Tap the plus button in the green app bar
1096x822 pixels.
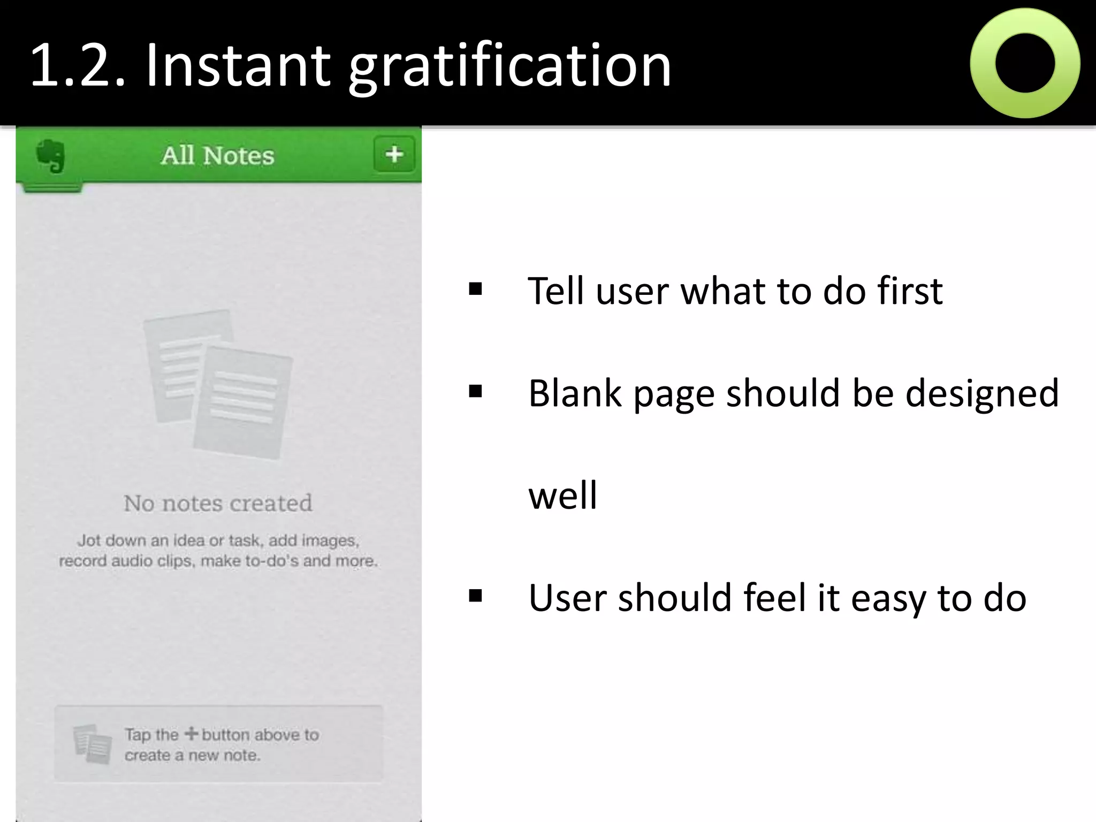[x=394, y=155]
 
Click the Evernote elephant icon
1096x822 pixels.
[x=51, y=156]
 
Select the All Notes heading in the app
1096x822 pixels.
[x=218, y=156]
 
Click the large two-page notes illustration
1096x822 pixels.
[x=218, y=384]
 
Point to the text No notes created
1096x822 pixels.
[x=218, y=503]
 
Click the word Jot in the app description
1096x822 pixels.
[x=89, y=541]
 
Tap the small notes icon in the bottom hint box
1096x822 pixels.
[x=93, y=743]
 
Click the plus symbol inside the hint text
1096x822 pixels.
[x=191, y=733]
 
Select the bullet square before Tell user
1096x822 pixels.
[x=475, y=290]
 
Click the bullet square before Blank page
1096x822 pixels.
[x=475, y=392]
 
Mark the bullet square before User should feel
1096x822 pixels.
[x=475, y=596]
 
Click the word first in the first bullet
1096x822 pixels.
[x=910, y=291]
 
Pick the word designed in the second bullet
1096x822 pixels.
[x=982, y=394]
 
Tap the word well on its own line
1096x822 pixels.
[x=562, y=496]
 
